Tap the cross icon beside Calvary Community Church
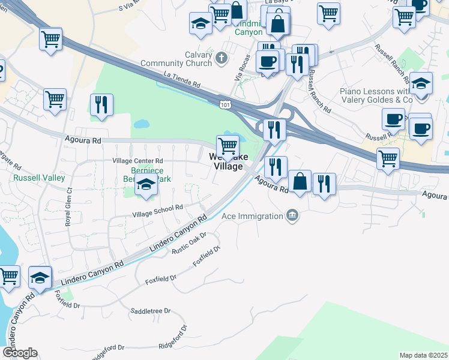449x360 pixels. click(x=221, y=58)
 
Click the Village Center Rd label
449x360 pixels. click(x=138, y=161)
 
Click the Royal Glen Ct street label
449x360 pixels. click(x=67, y=207)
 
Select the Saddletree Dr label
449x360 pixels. click(x=151, y=311)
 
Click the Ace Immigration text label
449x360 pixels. click(x=252, y=216)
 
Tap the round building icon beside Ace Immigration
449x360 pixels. click(x=292, y=215)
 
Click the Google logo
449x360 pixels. click(x=20, y=353)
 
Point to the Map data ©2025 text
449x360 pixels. click(x=423, y=355)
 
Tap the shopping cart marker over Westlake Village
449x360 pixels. click(x=228, y=146)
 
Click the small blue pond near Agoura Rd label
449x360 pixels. click(x=142, y=125)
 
